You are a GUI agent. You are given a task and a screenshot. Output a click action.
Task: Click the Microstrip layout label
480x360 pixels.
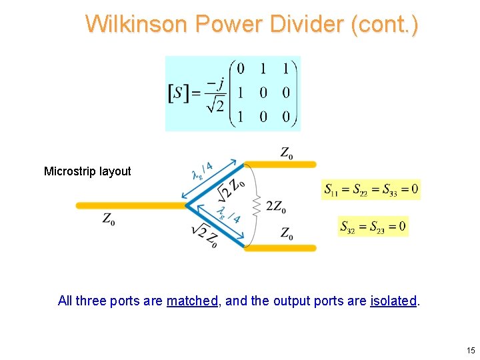pos(87,171)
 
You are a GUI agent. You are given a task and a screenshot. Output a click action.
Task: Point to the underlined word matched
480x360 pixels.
pos(192,301)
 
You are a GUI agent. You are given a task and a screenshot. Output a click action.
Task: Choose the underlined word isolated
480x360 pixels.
pos(393,301)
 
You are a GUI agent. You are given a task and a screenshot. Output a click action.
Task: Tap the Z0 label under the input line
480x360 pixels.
pos(108,219)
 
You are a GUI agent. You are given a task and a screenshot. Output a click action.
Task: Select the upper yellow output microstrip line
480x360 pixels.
pos(280,164)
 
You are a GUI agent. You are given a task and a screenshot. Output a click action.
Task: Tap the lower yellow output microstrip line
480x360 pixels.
pos(280,247)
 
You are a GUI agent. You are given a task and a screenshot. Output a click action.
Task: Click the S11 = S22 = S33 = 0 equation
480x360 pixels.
pos(371,190)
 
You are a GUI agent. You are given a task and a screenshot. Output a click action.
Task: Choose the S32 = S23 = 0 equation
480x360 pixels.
pos(373,227)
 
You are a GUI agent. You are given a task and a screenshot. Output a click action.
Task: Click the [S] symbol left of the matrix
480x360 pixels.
pos(176,93)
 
